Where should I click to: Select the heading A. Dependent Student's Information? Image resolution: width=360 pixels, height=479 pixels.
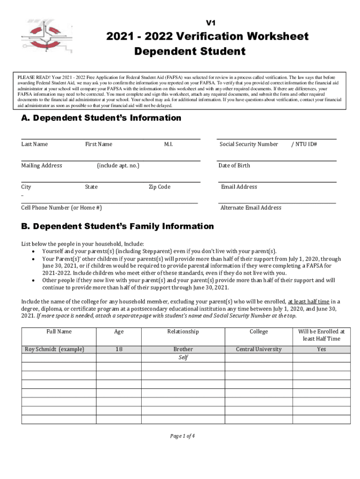click(101, 118)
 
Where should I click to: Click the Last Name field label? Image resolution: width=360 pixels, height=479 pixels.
click(34, 144)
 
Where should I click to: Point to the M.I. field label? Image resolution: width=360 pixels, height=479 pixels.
click(168, 144)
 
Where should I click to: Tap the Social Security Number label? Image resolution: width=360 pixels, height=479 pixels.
click(249, 144)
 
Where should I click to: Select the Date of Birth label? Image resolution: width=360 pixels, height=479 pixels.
click(234, 165)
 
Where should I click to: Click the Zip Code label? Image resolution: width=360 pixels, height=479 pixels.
click(159, 187)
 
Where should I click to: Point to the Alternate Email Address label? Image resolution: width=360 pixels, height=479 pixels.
click(251, 208)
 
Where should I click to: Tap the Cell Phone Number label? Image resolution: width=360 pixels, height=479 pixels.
click(61, 208)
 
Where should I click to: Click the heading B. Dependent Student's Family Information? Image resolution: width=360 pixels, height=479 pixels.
click(117, 226)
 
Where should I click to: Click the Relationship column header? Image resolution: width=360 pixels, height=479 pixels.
click(183, 332)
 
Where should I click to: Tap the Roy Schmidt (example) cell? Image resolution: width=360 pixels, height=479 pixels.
click(55, 349)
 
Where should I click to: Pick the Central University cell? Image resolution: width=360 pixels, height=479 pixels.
click(259, 349)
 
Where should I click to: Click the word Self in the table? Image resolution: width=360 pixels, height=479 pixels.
click(183, 357)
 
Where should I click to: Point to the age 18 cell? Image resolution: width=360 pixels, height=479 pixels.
click(119, 349)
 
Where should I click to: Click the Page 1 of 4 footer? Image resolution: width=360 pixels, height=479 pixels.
click(182, 436)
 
